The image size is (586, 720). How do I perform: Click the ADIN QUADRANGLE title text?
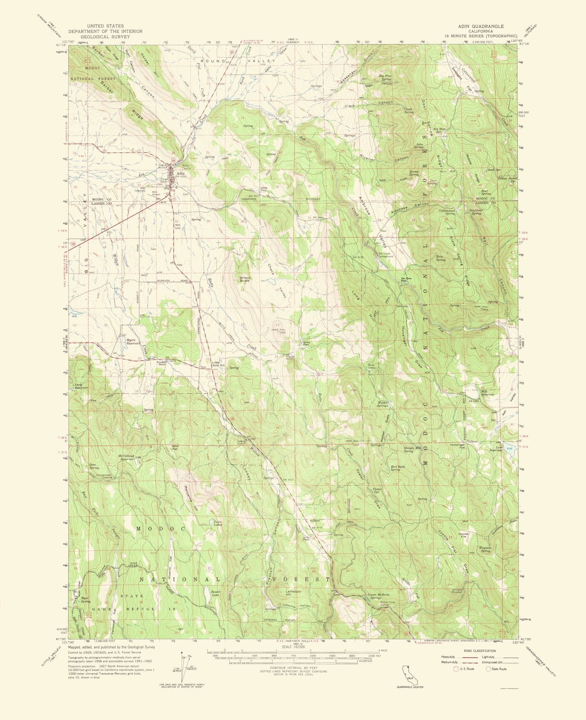pyautogui.click(x=481, y=26)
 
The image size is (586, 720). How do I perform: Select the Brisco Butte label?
pyautogui.click(x=245, y=279)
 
